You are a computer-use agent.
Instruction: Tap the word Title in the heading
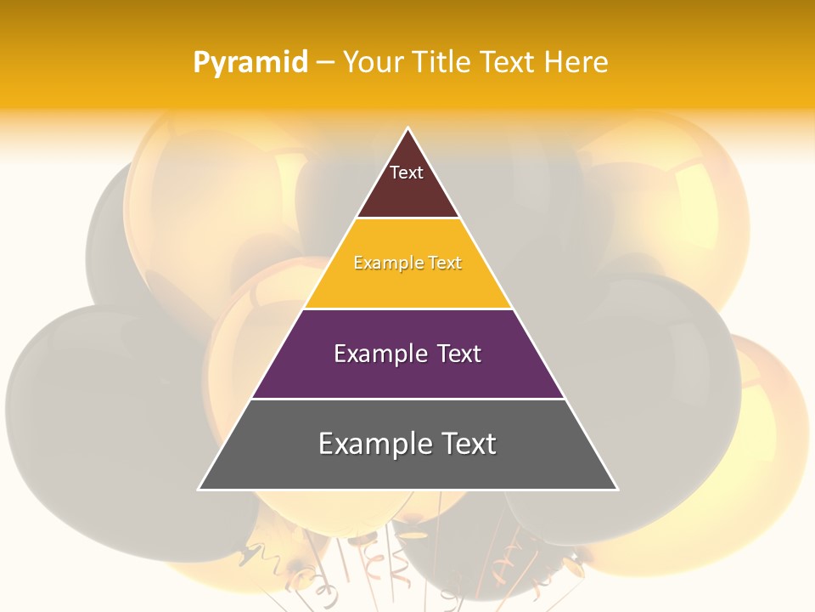443,62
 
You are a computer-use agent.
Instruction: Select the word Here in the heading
576,62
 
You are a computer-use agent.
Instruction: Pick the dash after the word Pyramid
325,63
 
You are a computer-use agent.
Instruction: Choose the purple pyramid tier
407,374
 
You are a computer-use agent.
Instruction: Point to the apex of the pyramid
408,129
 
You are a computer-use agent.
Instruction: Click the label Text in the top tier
407,173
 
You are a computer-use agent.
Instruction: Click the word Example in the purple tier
379,354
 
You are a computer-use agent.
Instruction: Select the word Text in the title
508,62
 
